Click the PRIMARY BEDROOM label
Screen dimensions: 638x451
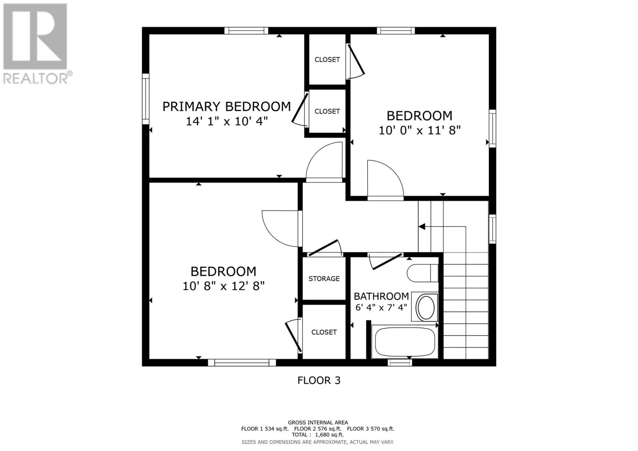click(226, 106)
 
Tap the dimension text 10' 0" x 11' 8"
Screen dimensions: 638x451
click(419, 130)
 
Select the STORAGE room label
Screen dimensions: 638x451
click(324, 279)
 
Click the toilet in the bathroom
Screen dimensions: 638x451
click(422, 273)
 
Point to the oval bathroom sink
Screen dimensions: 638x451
click(425, 308)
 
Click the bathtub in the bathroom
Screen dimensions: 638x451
click(405, 342)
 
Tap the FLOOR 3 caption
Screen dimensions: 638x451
click(319, 380)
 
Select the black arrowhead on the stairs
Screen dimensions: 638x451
click(422, 227)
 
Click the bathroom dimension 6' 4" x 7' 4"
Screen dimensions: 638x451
click(381, 308)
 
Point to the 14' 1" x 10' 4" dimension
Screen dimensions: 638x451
click(227, 121)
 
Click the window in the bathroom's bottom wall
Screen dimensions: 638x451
click(400, 362)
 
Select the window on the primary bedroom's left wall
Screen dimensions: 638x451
click(146, 99)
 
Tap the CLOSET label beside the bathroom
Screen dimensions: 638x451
click(324, 332)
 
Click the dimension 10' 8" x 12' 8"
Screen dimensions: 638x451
click(224, 286)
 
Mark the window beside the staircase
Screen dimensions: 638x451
click(492, 229)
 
